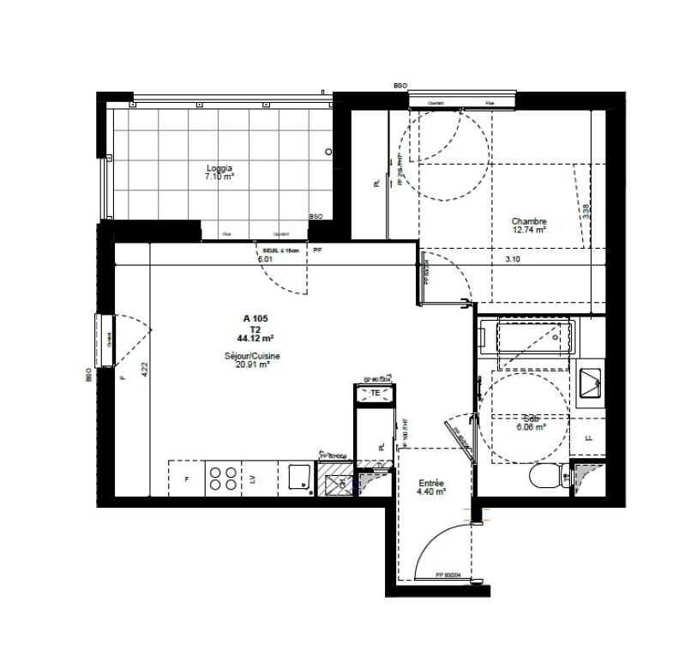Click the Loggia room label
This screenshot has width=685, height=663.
pos(219,168)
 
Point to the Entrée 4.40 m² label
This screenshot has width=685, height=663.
pos(430,487)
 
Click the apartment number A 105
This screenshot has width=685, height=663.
pos(255,318)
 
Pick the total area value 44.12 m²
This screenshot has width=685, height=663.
pos(255,338)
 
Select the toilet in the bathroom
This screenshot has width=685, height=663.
pos(546,477)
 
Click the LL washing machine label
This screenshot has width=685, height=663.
pos(588,437)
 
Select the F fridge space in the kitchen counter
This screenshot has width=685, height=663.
pos(187,479)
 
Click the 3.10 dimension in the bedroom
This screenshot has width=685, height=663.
pos(512,258)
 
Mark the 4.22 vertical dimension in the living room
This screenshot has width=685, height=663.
pos(145,370)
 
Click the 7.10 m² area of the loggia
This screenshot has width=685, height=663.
pos(219,177)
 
